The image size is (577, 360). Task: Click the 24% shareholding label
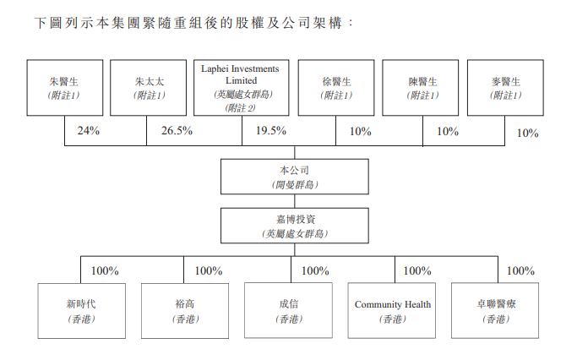click(x=89, y=131)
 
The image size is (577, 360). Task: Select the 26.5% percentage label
click(x=177, y=131)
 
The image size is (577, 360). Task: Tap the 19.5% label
click(x=271, y=131)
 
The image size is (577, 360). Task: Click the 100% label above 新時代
click(x=105, y=271)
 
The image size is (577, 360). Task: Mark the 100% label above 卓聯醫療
click(x=520, y=271)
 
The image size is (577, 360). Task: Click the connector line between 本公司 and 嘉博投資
click(x=295, y=201)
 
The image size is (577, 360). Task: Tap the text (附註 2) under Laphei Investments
click(x=241, y=108)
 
